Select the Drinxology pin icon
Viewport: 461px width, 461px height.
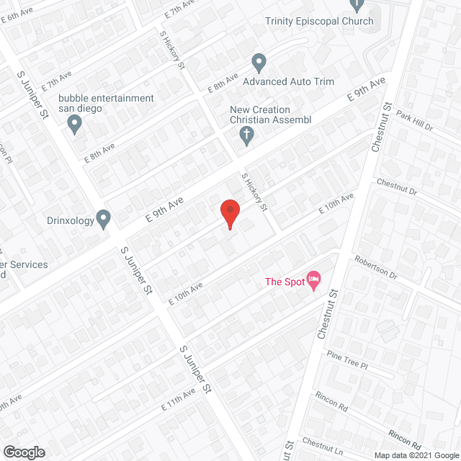[104, 218]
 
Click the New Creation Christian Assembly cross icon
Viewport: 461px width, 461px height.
[246, 135]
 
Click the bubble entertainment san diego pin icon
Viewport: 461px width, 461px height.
[74, 126]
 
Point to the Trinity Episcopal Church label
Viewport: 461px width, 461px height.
[319, 21]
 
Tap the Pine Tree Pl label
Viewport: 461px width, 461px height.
[346, 361]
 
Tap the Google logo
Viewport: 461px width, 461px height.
[23, 452]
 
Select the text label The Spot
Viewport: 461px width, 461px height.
[284, 282]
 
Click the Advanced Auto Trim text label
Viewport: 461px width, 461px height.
[288, 81]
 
